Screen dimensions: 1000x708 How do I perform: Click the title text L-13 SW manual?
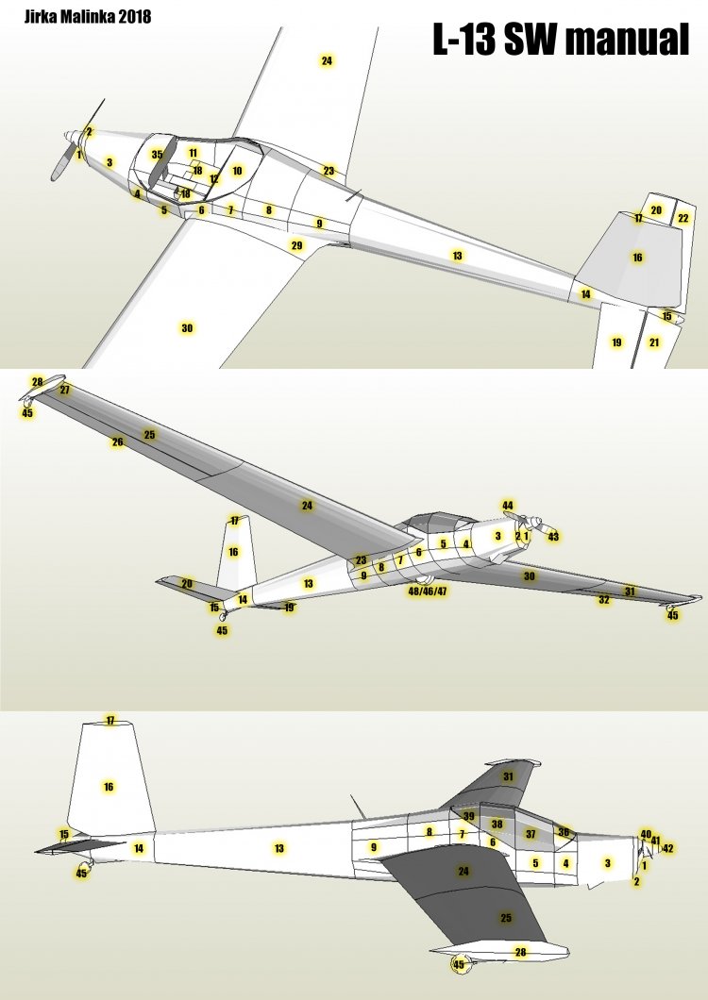click(561, 39)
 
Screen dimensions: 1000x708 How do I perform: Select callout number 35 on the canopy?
click(157, 155)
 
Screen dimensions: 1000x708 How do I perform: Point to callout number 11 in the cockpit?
click(194, 153)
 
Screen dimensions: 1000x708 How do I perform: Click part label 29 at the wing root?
click(296, 245)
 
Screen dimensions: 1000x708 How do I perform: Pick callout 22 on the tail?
click(683, 218)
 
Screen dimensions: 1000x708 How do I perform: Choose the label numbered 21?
click(654, 342)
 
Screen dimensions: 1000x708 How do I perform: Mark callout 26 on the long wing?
click(117, 442)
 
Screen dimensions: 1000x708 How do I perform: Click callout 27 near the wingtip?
click(64, 390)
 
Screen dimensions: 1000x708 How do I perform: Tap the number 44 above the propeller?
click(508, 506)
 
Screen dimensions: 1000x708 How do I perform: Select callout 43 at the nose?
click(553, 537)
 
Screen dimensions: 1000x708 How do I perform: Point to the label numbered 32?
click(604, 599)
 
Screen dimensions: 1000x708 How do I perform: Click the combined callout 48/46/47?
click(428, 592)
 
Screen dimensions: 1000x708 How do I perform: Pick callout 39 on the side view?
click(469, 816)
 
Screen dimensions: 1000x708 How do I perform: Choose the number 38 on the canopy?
click(497, 824)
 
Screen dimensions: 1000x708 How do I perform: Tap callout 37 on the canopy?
click(531, 834)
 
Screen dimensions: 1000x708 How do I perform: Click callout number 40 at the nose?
click(646, 834)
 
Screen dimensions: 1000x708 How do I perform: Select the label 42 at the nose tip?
click(667, 848)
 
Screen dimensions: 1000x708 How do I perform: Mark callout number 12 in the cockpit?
click(214, 178)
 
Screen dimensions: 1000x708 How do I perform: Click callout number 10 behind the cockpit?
click(237, 171)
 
